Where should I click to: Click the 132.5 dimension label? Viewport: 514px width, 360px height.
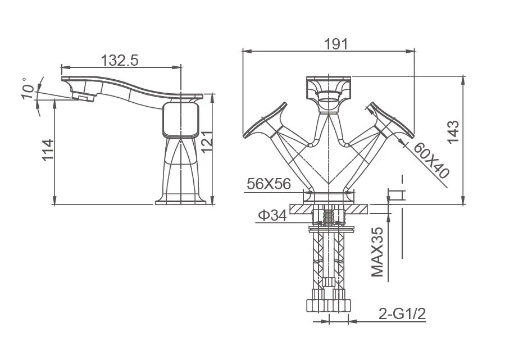point(120,60)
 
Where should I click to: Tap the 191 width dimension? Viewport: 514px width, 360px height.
point(336,44)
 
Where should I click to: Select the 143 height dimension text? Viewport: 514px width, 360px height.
point(454,132)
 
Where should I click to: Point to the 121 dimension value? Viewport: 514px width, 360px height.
point(207,142)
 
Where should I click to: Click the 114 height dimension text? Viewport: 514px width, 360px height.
point(48,150)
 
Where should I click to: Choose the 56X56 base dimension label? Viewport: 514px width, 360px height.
point(269,184)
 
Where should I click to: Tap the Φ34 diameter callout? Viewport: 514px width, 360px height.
point(272,215)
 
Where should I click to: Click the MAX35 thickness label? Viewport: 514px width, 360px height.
point(377,252)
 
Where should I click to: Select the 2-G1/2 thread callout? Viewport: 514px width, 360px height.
point(402,314)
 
